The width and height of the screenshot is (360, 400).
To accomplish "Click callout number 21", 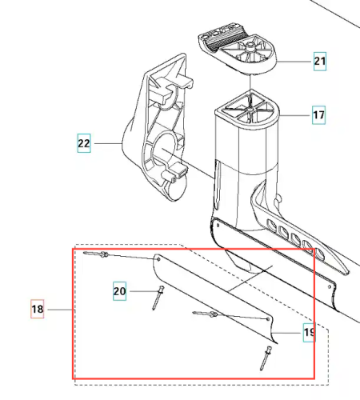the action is click(x=320, y=62).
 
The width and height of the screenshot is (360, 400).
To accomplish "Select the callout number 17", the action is click(x=319, y=115).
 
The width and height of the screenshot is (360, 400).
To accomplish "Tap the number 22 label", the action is click(x=84, y=143).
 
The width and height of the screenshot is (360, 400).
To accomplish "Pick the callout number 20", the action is click(x=119, y=291).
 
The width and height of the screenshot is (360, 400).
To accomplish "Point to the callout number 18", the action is click(x=38, y=309).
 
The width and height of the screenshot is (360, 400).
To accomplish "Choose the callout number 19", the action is click(x=310, y=333).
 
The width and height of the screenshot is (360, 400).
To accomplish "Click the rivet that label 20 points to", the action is click(x=158, y=298).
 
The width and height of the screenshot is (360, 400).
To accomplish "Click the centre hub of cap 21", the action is click(x=250, y=46).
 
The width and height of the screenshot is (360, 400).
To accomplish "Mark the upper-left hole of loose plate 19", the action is click(x=158, y=259).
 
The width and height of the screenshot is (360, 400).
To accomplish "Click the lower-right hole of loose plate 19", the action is click(x=268, y=319).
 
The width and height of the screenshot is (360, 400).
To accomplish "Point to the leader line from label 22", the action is click(x=108, y=143).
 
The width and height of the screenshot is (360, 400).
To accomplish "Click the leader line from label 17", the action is click(x=295, y=115).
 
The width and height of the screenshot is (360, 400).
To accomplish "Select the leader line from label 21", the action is click(x=294, y=62).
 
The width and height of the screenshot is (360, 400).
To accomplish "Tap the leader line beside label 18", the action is click(x=61, y=310).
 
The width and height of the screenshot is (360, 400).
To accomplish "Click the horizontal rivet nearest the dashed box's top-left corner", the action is click(x=96, y=254).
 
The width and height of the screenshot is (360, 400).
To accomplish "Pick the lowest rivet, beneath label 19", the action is click(x=266, y=358).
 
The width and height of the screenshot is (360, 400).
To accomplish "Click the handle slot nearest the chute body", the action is click(x=271, y=225).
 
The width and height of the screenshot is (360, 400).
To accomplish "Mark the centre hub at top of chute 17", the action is click(x=250, y=109).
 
